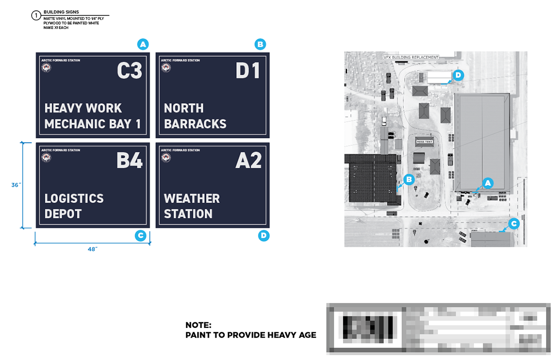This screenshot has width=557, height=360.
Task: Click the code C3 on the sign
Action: (130, 71)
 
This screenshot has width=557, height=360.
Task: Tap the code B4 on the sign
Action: (130, 160)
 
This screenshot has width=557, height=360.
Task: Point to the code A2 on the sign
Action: (248, 160)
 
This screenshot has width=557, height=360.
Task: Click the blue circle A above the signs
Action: (143, 45)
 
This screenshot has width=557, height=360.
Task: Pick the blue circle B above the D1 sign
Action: (260, 45)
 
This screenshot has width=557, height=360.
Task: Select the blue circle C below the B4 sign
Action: (140, 236)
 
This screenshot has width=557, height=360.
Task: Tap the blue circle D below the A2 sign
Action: (263, 236)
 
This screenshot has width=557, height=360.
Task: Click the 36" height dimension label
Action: (16, 185)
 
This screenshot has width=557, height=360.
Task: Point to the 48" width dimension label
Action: (92, 249)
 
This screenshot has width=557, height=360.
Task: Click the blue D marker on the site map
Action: (458, 75)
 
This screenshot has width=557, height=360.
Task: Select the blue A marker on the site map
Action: (487, 183)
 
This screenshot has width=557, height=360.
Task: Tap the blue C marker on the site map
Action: (513, 224)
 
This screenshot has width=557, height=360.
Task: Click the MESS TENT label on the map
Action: (424, 142)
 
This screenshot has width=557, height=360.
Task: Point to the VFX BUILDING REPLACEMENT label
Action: (411, 57)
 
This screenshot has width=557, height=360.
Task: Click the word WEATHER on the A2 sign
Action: (192, 199)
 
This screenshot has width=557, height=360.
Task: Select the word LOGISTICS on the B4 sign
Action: (74, 199)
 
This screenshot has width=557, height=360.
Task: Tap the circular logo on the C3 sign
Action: (46, 68)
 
